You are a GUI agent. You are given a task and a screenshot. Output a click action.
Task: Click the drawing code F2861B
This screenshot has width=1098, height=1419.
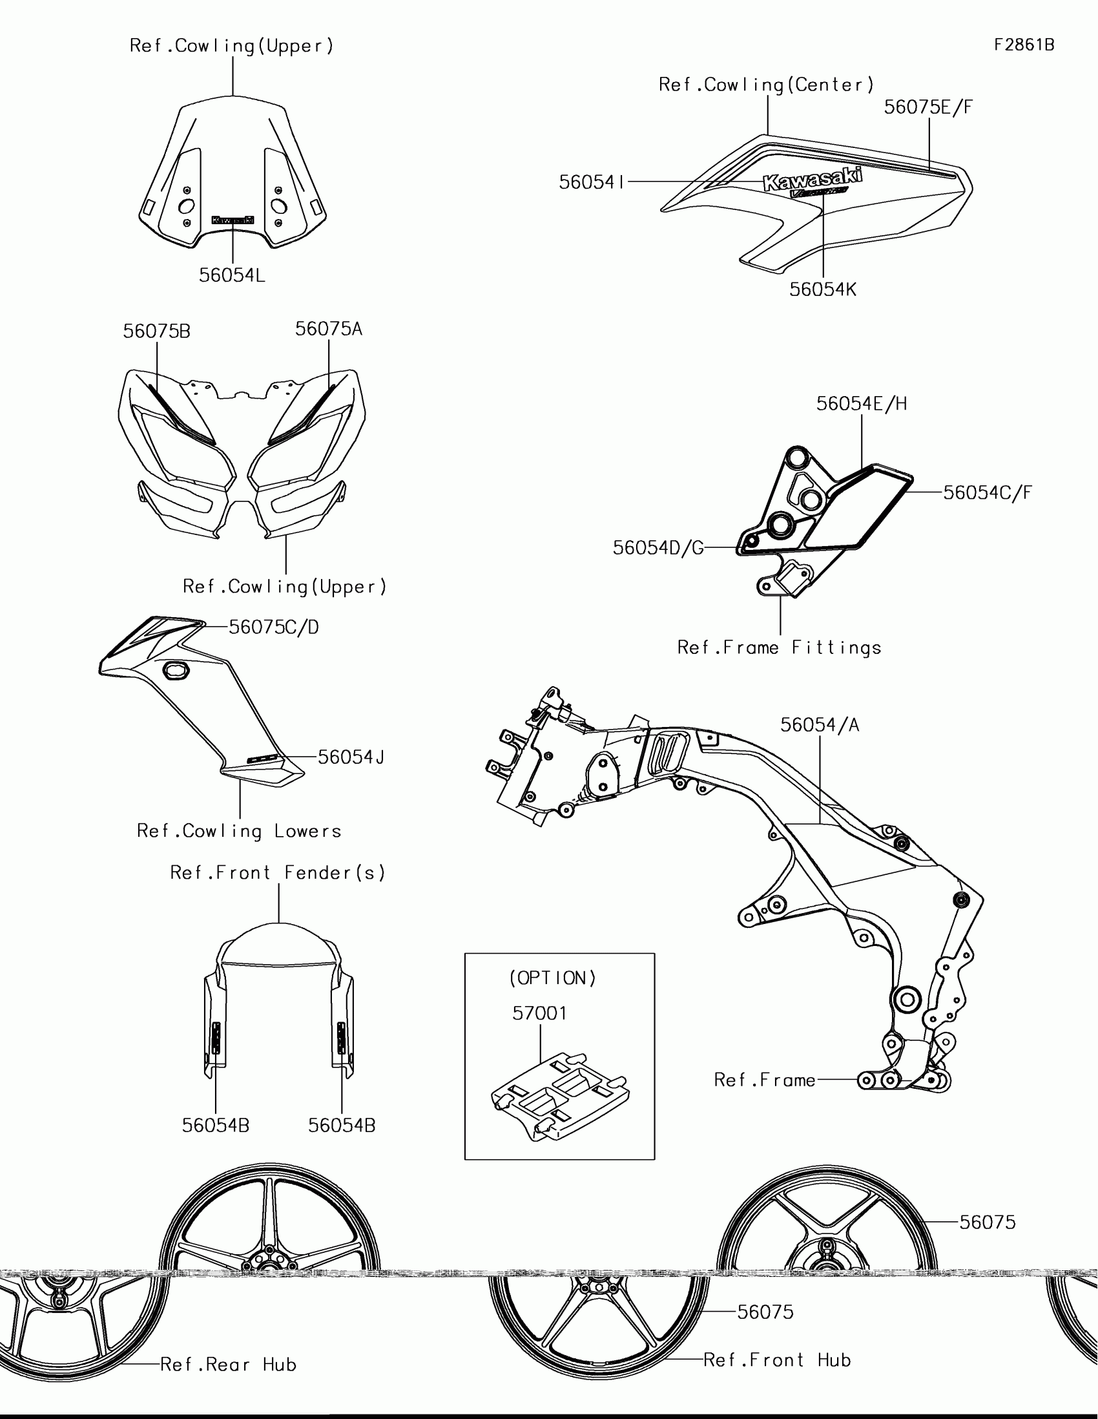click(x=1024, y=45)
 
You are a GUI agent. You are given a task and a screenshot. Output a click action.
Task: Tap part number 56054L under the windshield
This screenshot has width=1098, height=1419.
click(x=232, y=275)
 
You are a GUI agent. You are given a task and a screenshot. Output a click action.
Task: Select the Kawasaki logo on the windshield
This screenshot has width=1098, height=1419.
click(x=233, y=220)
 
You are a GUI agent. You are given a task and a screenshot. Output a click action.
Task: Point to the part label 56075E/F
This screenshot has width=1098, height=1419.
click(x=929, y=107)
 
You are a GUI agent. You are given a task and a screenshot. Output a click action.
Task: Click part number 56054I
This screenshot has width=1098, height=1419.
click(x=592, y=183)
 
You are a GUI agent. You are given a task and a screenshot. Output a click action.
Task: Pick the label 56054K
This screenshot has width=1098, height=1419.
click(x=823, y=289)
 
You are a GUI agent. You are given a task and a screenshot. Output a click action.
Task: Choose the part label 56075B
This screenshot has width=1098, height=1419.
click(x=156, y=331)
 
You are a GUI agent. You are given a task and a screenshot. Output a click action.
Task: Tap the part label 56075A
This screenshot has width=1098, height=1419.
click(x=329, y=329)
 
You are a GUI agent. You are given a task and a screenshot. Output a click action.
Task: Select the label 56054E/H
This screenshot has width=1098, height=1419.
click(x=862, y=404)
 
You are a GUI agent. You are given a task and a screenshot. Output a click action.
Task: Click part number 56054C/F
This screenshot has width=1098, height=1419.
click(x=987, y=492)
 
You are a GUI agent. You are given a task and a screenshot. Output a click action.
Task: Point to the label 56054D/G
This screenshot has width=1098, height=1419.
click(x=658, y=548)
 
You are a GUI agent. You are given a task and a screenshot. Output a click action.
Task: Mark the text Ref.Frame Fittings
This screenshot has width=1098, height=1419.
click(x=779, y=647)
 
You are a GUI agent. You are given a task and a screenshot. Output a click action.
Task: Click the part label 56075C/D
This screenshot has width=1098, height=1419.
click(x=274, y=627)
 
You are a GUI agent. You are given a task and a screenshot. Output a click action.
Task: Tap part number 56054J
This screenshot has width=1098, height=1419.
click(x=351, y=757)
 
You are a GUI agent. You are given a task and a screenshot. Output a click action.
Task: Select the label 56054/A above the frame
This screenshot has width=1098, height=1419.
click(x=820, y=725)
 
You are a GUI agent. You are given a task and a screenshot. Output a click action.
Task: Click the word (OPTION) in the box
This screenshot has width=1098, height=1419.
click(x=553, y=978)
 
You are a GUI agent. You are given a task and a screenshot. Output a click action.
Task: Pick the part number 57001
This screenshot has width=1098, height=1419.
click(x=539, y=1013)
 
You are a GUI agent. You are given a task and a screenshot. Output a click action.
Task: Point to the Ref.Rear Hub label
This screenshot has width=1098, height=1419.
click(x=229, y=1365)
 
